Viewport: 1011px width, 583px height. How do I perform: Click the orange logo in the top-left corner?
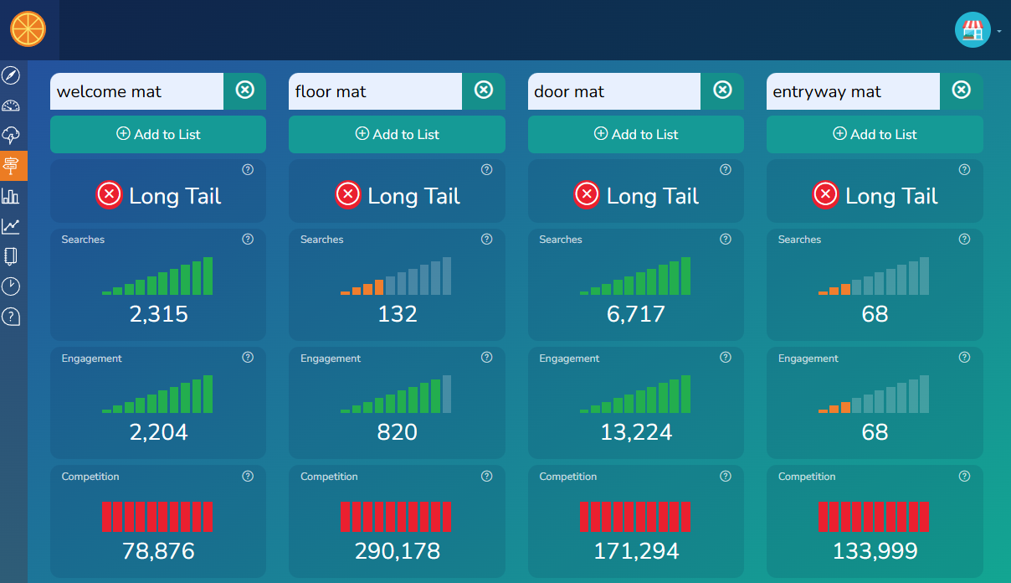pos(28,28)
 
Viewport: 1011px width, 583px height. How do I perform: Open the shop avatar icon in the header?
pos(972,30)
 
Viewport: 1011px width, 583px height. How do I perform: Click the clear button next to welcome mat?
pos(244,90)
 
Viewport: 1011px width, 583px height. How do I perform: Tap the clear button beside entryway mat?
pos(961,90)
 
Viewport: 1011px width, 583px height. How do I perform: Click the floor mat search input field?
pos(375,91)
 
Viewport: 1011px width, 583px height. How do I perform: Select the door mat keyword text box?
pos(613,91)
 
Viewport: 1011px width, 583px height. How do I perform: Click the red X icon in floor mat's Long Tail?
pos(348,195)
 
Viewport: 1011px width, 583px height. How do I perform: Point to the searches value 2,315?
pos(158,314)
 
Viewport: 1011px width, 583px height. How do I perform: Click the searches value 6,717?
pos(635,314)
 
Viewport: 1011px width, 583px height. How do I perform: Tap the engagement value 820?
pos(397,432)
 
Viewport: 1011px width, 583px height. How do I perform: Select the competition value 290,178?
pos(397,551)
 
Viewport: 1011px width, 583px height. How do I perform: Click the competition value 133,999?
pos(875,551)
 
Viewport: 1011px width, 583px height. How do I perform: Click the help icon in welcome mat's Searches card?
pos(248,240)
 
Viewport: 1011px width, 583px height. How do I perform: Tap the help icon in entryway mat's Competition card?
pos(964,477)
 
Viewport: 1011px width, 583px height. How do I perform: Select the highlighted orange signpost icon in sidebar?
pos(11,166)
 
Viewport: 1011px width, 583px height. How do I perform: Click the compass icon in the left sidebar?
pos(11,76)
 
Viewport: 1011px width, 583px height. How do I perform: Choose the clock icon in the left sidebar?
pos(11,286)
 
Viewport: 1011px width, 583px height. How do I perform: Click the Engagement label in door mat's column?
pos(569,359)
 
